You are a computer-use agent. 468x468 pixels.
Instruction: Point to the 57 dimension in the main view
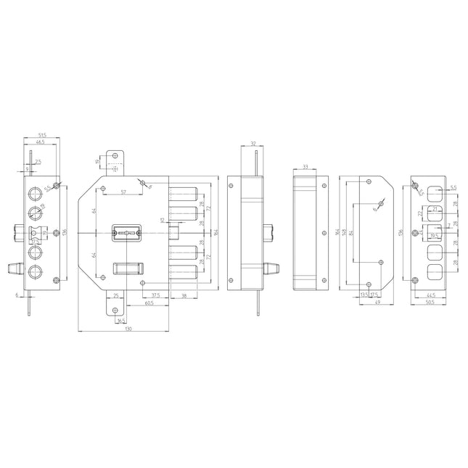[124, 192]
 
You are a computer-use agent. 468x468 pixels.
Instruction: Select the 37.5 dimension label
[155, 295]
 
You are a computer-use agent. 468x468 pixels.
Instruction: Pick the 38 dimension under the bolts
[184, 295]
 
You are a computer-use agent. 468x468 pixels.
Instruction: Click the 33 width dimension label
[305, 167]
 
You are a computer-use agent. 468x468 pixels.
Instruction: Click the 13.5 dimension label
[364, 295]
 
